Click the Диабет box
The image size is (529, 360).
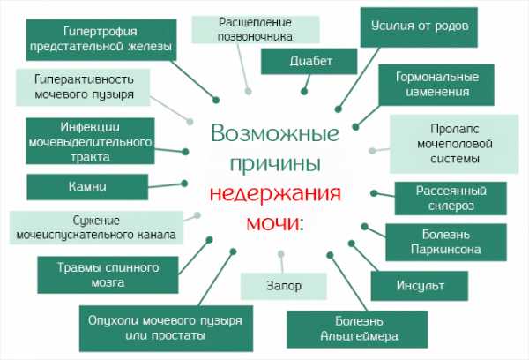click(309, 61)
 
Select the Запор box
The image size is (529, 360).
click(284, 286)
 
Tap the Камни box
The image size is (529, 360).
click(87, 187)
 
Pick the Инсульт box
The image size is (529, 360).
click(420, 286)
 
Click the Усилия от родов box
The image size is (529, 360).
click(419, 27)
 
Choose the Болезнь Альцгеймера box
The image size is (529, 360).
click(357, 329)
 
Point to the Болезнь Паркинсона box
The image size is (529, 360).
click(446, 242)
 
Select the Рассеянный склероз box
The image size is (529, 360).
click(451, 199)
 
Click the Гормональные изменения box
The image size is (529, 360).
click(436, 85)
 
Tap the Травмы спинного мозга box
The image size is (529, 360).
click(108, 275)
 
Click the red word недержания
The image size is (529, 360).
click(275, 193)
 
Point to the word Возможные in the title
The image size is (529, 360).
click(275, 133)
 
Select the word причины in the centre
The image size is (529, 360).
click(275, 165)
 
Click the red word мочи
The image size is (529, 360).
click(274, 222)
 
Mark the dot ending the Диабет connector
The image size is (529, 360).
click(304, 91)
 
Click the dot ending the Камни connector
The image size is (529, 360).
click(184, 184)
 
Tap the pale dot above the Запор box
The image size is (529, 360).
click(281, 254)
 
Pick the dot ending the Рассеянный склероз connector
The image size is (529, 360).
click(374, 193)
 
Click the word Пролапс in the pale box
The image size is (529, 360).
click(454, 129)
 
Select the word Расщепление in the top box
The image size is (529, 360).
click(255, 23)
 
